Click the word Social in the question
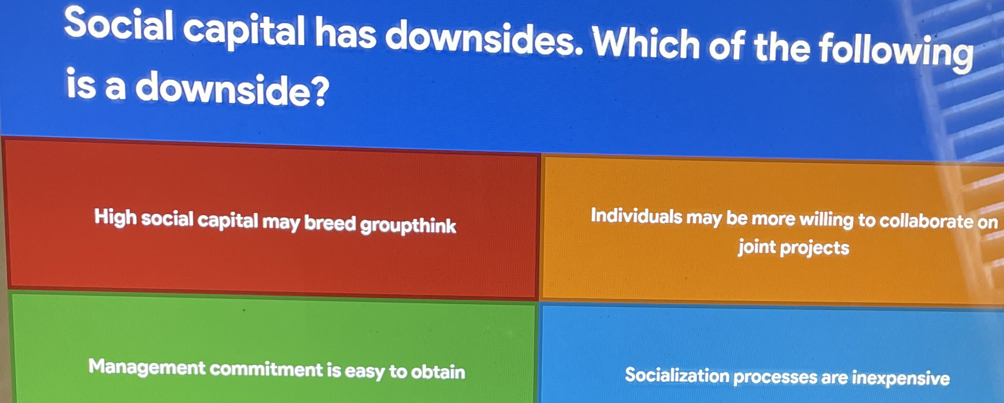tap(119, 24)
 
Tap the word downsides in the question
tap(484, 37)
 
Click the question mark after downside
tap(320, 92)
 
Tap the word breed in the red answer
tap(330, 223)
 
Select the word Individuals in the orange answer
tap(637, 216)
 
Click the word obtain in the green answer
tap(438, 372)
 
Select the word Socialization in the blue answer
tap(677, 375)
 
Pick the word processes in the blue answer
tap(775, 377)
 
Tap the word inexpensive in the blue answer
tap(901, 378)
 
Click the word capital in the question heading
tap(244, 31)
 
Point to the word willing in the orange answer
tap(826, 220)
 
